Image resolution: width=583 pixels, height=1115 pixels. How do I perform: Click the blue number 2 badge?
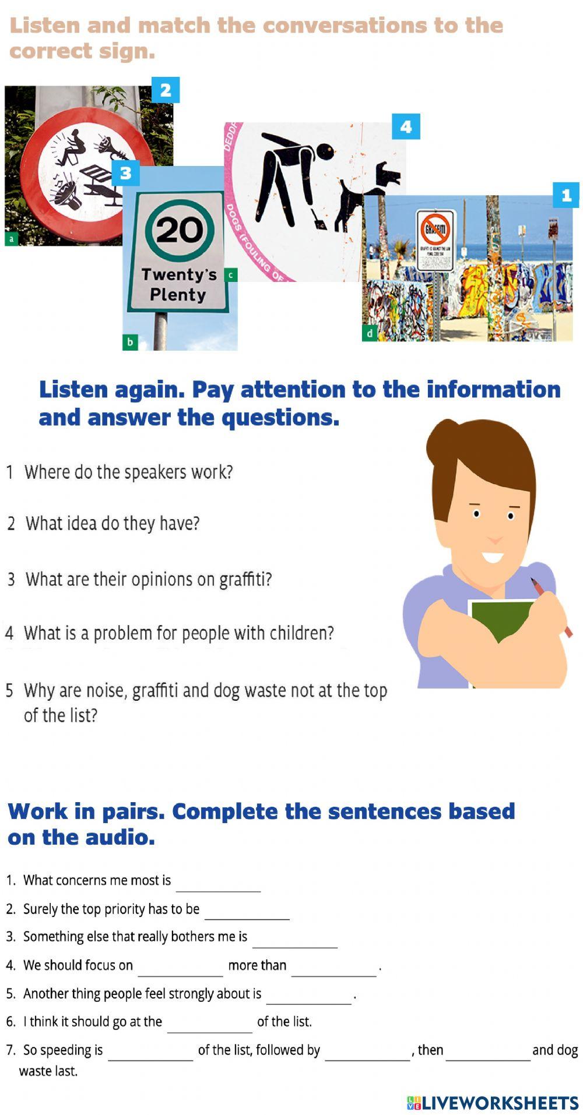(166, 90)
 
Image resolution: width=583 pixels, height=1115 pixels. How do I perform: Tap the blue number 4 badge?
(406, 126)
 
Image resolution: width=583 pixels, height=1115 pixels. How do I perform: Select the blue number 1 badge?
(566, 195)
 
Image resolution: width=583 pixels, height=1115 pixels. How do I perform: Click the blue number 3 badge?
(125, 173)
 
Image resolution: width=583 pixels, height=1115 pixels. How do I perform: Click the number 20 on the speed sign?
(179, 230)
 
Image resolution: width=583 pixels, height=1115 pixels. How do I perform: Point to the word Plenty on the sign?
(178, 295)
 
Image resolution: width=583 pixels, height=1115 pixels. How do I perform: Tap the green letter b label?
(129, 343)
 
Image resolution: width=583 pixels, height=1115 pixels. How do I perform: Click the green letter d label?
(369, 334)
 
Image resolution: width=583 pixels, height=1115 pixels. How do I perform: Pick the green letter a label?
(11, 239)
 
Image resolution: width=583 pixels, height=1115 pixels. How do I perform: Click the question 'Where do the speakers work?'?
(128, 472)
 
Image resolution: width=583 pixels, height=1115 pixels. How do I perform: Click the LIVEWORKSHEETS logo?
(493, 1102)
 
